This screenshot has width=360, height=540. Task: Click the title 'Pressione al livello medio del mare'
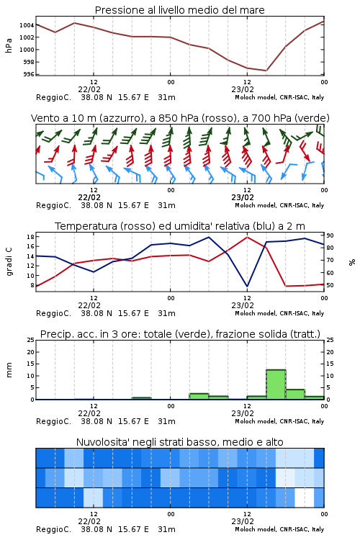click(x=179, y=10)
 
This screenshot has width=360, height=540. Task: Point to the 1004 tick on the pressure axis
click(x=27, y=25)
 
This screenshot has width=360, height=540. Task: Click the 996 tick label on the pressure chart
click(x=29, y=74)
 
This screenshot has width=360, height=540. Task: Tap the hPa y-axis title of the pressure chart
click(x=9, y=45)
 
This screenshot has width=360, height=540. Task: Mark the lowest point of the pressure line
click(x=266, y=71)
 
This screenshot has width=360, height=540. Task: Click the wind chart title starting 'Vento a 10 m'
click(x=180, y=118)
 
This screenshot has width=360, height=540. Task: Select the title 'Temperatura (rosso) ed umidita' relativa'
click(x=179, y=226)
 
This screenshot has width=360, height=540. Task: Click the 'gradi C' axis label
click(x=9, y=262)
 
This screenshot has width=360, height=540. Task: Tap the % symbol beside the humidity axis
click(x=352, y=262)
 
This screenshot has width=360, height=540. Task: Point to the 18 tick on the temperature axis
click(x=30, y=237)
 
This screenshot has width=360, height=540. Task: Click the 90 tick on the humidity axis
click(x=330, y=235)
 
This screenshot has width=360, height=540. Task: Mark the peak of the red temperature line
click(x=247, y=237)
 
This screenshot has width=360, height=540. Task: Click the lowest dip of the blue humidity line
click(x=247, y=287)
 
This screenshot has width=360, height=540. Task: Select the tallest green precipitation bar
click(x=276, y=384)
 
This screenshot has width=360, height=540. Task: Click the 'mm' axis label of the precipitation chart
click(x=9, y=369)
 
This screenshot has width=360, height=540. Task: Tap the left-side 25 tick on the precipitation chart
click(x=30, y=340)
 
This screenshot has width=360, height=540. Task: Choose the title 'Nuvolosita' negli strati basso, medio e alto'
click(x=179, y=442)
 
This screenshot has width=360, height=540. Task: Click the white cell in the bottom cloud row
click(x=305, y=498)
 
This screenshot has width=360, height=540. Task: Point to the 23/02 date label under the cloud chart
click(x=243, y=521)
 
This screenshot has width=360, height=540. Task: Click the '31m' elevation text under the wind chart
click(x=166, y=206)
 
